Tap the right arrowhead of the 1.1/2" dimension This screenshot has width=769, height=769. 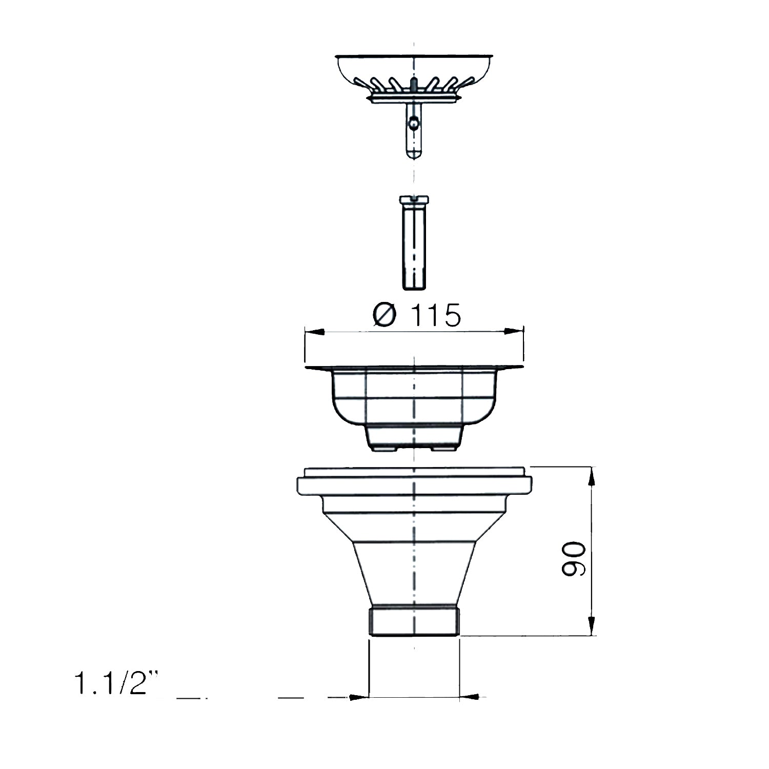470,697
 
